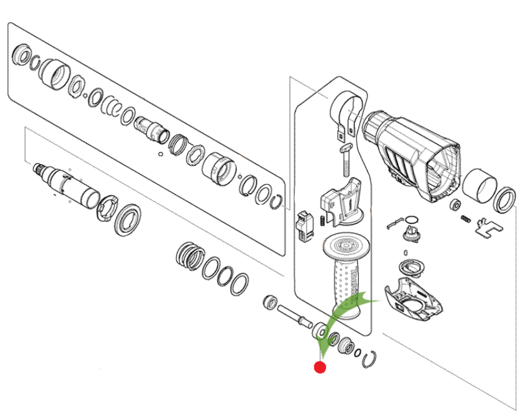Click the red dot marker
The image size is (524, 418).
pos(320,367)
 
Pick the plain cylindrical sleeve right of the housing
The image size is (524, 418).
pos(482,185)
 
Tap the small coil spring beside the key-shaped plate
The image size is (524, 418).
pos(466,219)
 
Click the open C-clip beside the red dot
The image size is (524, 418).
pos(370,358)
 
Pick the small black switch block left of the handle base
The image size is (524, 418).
pos(304,226)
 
